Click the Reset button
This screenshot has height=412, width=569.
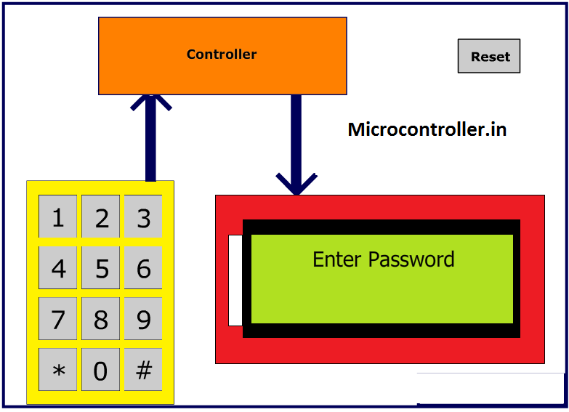pyautogui.click(x=489, y=56)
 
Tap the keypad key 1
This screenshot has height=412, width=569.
pyautogui.click(x=57, y=217)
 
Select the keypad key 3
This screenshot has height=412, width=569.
pyautogui.click(x=143, y=217)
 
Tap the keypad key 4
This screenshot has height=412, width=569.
pyautogui.click(x=57, y=268)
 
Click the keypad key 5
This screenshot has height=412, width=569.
pyautogui.click(x=100, y=268)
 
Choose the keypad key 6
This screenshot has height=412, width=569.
pyautogui.click(x=143, y=268)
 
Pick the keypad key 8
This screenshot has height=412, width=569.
pyautogui.click(x=100, y=319)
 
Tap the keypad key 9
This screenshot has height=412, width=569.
pyautogui.click(x=143, y=319)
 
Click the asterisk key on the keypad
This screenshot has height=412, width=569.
pyautogui.click(x=57, y=370)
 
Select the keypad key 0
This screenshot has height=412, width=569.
pyautogui.click(x=100, y=370)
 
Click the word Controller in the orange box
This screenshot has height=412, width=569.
pyautogui.click(x=222, y=54)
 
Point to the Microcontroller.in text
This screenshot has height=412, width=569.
pyautogui.click(x=427, y=130)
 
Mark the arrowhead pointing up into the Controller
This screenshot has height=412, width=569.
pyautogui.click(x=150, y=103)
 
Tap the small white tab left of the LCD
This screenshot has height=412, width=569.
pyautogui.click(x=235, y=280)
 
